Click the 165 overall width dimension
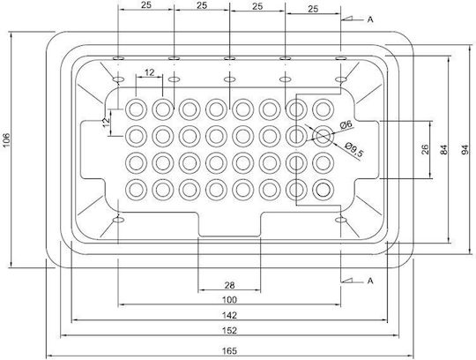(229, 351)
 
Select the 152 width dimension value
(229, 330)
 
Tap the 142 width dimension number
(229, 315)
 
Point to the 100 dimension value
(229, 300)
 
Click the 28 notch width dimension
(229, 285)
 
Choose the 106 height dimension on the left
(7, 140)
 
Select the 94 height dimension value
(465, 150)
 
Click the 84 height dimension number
(443, 150)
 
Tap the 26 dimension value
(426, 150)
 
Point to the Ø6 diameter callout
(346, 124)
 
